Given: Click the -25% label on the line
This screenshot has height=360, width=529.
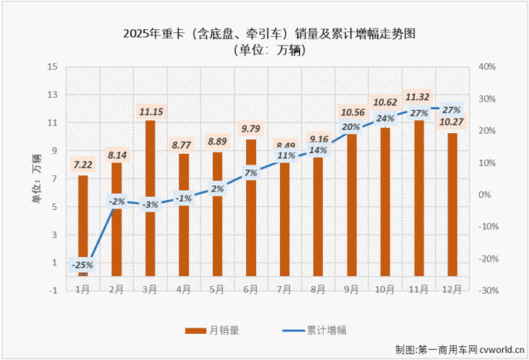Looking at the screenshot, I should point(83,265).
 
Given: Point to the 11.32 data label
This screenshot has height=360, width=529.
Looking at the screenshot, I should point(420,97).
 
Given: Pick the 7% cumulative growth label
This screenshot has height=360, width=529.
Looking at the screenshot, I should point(251,173).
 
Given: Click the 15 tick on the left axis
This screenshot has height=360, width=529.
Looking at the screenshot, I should point(53,67).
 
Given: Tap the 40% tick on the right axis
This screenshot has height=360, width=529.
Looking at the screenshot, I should point(487,67).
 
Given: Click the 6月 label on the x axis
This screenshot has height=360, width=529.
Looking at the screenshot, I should point(251,290).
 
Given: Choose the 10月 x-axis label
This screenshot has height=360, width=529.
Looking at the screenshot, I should point(386,290).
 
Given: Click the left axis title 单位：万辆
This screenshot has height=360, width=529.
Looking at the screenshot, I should point(36,178).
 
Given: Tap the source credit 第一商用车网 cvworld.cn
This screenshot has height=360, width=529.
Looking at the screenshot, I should point(457,350).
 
